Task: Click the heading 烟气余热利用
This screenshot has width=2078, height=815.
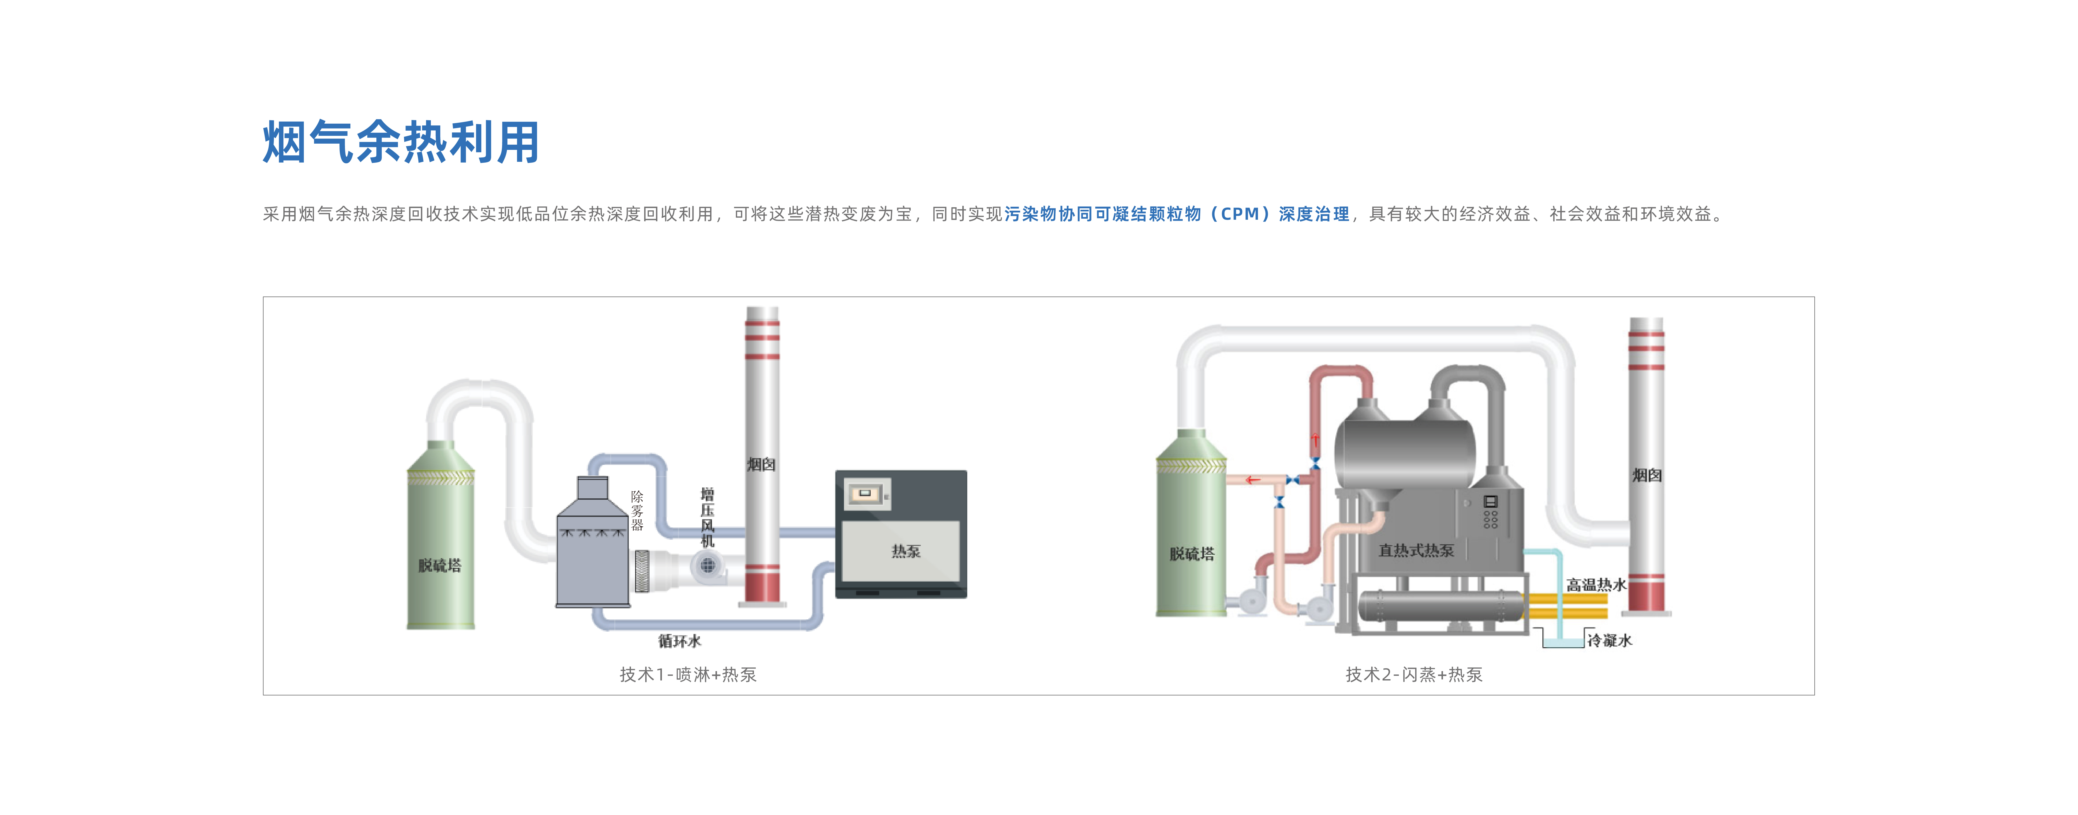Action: [x=401, y=143]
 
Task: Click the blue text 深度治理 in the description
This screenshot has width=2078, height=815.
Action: [x=1313, y=214]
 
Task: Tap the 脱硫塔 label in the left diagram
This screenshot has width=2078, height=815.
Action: [x=440, y=565]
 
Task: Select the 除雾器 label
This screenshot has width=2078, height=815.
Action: [x=637, y=511]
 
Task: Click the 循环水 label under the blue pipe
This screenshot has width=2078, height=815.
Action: [x=679, y=641]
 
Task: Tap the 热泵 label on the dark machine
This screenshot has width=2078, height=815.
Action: [x=905, y=551]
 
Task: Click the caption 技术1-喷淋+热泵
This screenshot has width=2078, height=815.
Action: [x=687, y=674]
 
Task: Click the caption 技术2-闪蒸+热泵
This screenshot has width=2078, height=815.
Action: [x=1413, y=674]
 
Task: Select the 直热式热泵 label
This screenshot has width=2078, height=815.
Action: [x=1416, y=550]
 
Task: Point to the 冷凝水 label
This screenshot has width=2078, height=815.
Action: [x=1609, y=640]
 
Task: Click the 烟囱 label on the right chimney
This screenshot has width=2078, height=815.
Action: [x=1647, y=475]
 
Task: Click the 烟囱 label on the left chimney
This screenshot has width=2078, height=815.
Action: [x=761, y=464]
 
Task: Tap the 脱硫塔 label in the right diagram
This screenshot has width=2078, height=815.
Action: [x=1191, y=553]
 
